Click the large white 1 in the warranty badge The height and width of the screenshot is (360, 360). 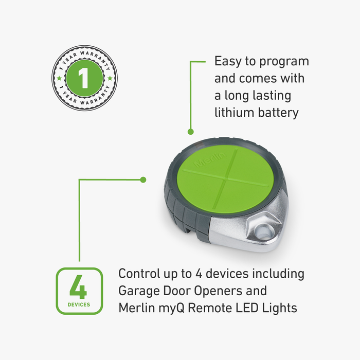[x=84, y=78]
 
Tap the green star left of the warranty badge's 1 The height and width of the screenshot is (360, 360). [x=59, y=78]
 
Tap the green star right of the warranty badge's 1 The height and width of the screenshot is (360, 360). [x=110, y=78]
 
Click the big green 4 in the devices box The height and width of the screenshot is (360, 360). [x=78, y=287]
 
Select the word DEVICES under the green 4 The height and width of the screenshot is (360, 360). [x=79, y=304]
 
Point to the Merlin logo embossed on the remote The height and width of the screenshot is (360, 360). [x=210, y=159]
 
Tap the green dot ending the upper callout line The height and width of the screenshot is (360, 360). [x=191, y=132]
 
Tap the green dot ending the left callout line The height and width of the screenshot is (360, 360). [x=143, y=179]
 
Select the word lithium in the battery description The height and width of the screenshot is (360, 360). [x=234, y=113]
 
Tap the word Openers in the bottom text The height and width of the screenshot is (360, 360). [x=218, y=292]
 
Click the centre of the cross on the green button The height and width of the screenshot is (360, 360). [x=227, y=178]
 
